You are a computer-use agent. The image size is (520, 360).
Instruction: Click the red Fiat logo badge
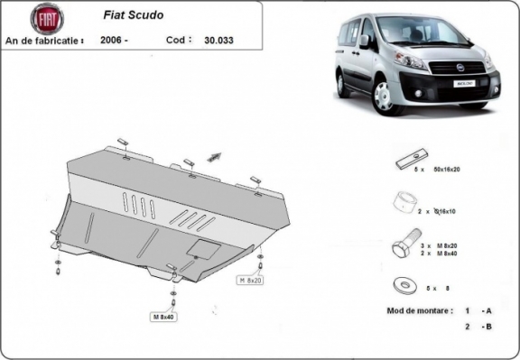tap(47, 19)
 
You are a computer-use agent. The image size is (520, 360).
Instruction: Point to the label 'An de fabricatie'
tap(45, 41)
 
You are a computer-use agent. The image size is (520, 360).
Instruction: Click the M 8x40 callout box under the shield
tap(163, 316)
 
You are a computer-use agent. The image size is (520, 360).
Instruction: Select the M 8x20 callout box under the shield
tap(250, 281)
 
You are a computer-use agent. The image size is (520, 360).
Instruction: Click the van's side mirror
tap(364, 42)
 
